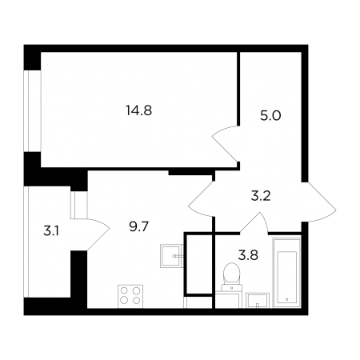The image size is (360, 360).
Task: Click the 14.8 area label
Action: tap(139, 110)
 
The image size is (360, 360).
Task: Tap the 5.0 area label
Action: tap(270, 116)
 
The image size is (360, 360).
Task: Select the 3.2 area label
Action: tap(261, 196)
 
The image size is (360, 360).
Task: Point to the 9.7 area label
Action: tap(138, 226)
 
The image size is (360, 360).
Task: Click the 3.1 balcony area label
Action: tap(51, 230)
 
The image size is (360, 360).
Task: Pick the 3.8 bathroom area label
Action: tap(248, 255)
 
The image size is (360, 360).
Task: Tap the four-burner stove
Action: tap(130, 296)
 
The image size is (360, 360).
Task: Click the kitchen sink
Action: tap(171, 256)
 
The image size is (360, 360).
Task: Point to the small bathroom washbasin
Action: tap(258, 300)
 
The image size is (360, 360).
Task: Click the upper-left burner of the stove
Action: tap(124, 290)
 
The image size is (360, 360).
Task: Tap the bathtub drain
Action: tap(286, 299)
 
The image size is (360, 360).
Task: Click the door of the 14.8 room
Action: tap(224, 143)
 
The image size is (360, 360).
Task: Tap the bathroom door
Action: tap(254, 222)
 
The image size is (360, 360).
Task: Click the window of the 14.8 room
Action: tap(32, 110)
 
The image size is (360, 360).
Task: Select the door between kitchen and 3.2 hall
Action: tap(202, 198)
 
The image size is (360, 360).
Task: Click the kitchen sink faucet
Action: tap(178, 256)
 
